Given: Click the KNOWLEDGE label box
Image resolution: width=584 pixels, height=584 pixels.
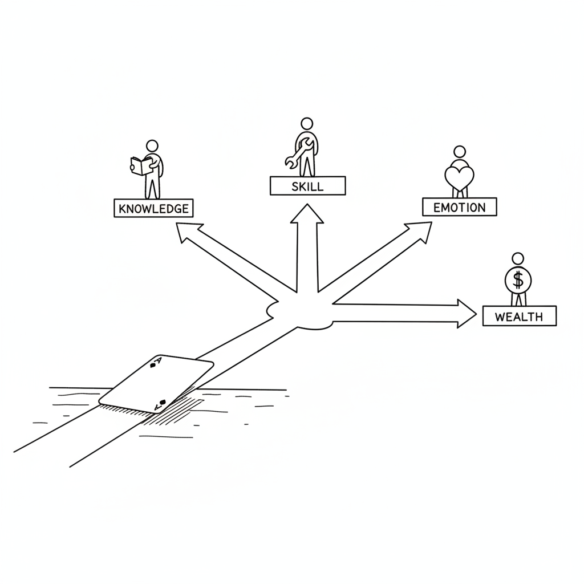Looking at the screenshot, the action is [x=153, y=208].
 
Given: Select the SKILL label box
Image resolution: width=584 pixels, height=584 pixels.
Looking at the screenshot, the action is [x=307, y=186].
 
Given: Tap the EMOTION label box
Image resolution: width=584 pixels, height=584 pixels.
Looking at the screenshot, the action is [x=460, y=206].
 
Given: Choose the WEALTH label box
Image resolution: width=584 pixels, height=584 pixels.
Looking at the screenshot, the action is [x=520, y=316].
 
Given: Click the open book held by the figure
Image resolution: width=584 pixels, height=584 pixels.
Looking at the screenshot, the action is [x=141, y=166].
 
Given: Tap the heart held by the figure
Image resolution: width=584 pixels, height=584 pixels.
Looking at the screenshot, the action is [x=460, y=177].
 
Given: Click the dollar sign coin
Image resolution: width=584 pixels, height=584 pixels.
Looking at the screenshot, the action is [x=518, y=280].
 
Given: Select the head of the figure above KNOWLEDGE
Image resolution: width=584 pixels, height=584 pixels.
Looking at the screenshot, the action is [x=152, y=145].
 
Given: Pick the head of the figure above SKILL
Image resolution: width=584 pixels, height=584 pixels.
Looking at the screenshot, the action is [x=307, y=124].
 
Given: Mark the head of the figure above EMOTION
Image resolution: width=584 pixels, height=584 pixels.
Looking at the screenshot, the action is [x=460, y=152].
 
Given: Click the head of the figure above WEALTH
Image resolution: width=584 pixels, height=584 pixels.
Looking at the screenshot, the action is [x=518, y=258].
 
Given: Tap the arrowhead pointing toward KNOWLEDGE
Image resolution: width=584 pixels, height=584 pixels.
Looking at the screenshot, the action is [x=187, y=231].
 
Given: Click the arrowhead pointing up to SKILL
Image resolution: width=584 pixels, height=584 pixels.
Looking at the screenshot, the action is [x=307, y=214].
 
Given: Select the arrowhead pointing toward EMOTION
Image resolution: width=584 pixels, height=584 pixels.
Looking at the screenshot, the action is [x=420, y=231].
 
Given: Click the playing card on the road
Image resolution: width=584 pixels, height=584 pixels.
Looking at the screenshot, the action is [x=156, y=384].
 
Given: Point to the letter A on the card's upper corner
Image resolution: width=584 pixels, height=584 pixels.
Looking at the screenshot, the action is [x=158, y=360].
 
